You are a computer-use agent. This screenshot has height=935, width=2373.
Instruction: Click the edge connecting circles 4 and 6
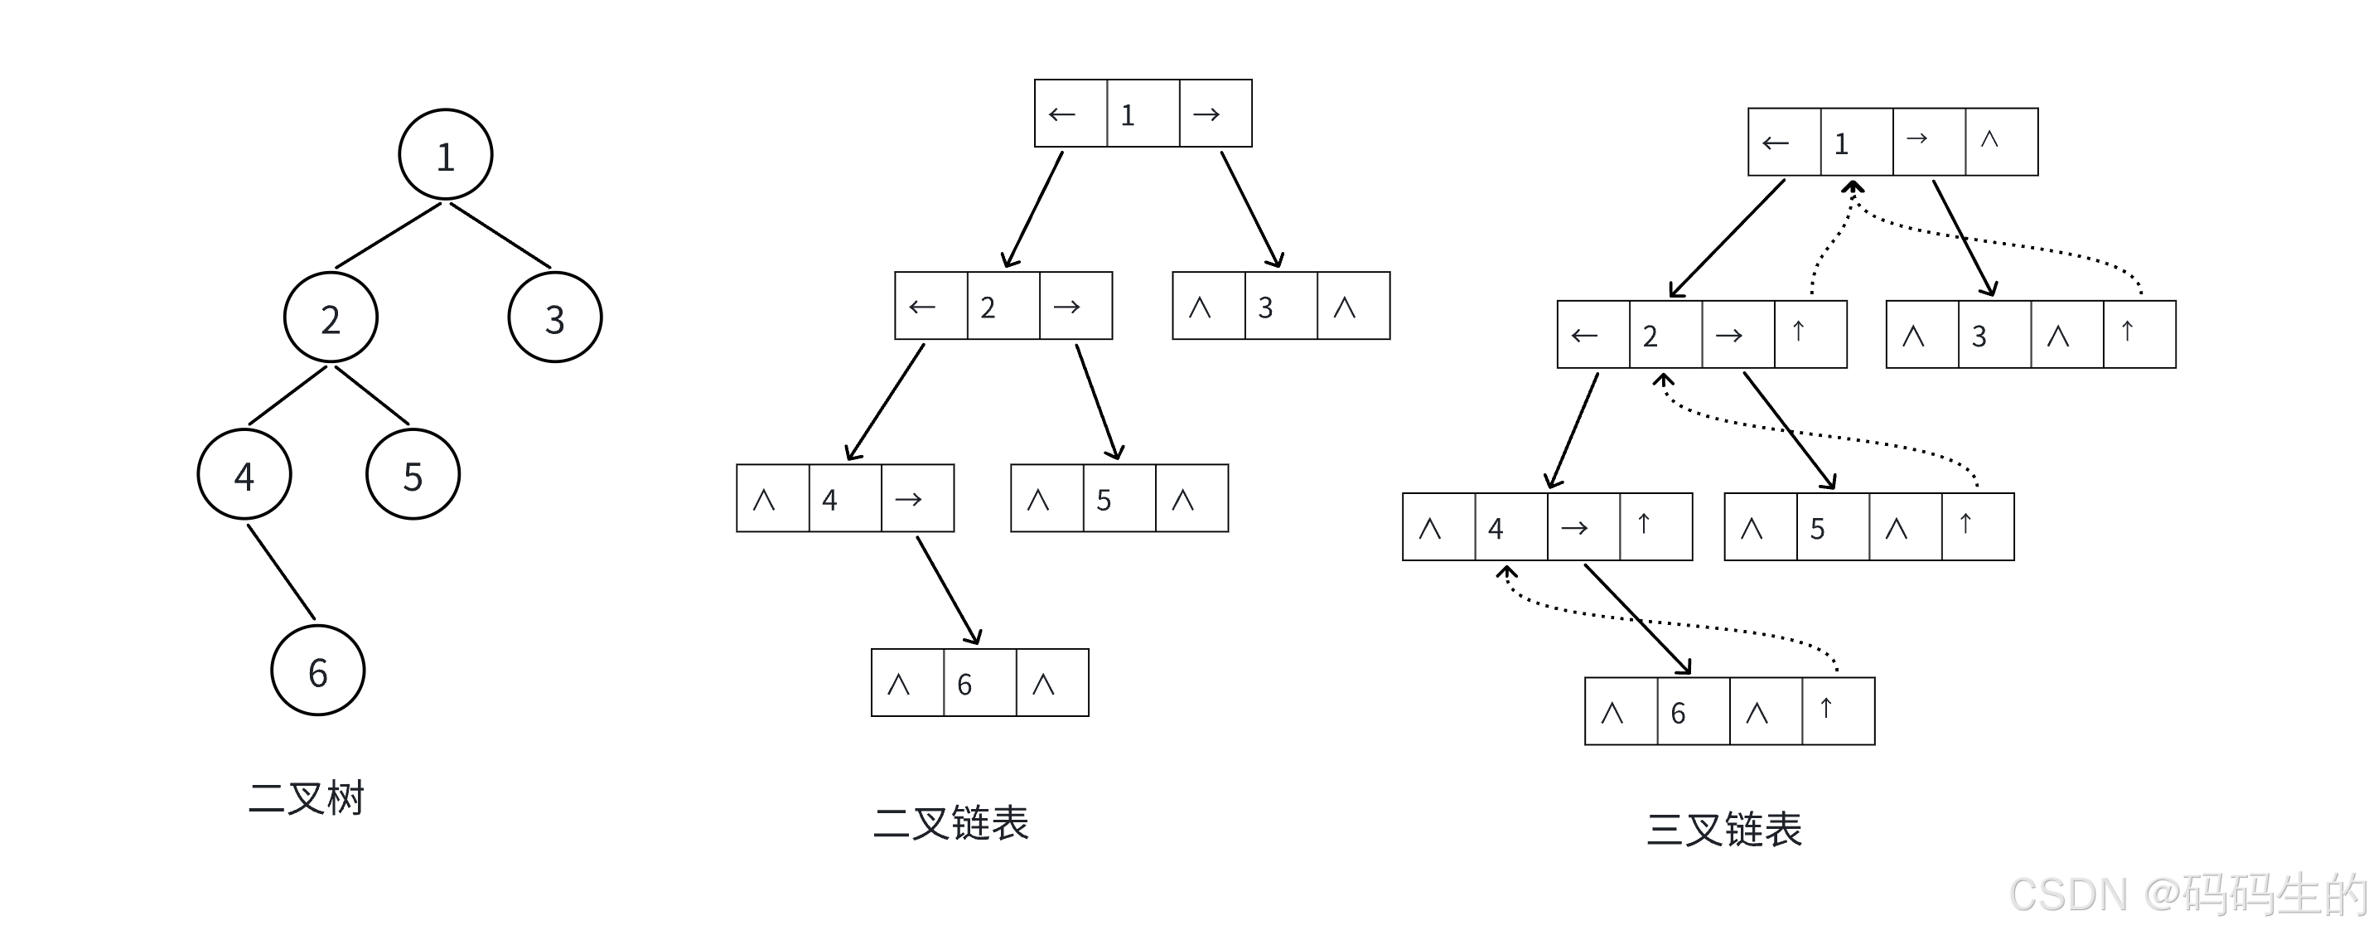(281, 572)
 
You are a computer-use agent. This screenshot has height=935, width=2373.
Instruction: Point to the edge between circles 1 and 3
(500, 236)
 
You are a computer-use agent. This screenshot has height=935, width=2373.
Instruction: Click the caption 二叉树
(307, 797)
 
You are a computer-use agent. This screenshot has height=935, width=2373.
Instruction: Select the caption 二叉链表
(950, 822)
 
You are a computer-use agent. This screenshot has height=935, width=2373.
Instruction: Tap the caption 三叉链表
(1724, 829)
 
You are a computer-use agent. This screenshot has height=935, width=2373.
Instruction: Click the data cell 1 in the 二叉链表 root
(1143, 114)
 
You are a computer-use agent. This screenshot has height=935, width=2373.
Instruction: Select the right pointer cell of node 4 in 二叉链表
(917, 498)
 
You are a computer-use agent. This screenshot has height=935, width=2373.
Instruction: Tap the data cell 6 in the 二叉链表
(980, 682)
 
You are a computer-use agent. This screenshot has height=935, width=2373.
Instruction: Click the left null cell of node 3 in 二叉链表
(1209, 306)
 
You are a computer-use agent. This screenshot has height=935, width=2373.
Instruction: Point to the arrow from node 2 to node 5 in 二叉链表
(1098, 402)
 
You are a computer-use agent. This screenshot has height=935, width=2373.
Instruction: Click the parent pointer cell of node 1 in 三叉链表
(2002, 142)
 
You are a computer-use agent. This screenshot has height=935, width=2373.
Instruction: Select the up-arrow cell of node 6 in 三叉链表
(1839, 711)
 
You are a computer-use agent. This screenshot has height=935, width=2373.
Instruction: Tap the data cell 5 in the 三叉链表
(1833, 527)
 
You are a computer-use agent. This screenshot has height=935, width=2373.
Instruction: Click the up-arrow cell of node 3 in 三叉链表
(2140, 334)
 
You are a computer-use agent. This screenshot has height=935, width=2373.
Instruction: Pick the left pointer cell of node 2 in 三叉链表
(1593, 334)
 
